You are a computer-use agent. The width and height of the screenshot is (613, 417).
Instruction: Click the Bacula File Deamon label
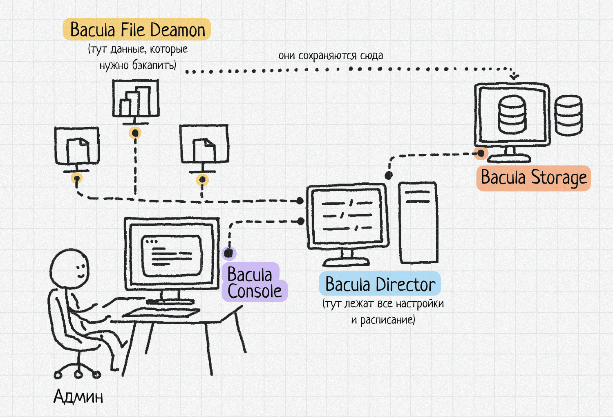pyautogui.click(x=137, y=30)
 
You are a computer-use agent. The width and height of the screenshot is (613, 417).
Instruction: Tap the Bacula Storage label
pyautogui.click(x=533, y=178)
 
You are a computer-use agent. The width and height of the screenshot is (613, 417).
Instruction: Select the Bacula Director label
pyautogui.click(x=380, y=284)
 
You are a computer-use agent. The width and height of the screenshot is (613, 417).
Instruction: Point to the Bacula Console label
pyautogui.click(x=254, y=282)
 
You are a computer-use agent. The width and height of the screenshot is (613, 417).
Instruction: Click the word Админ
pyautogui.click(x=78, y=396)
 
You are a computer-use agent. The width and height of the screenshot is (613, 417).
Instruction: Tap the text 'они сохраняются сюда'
pyautogui.click(x=331, y=56)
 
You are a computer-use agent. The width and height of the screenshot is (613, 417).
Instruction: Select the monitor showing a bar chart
pyautogui.click(x=136, y=99)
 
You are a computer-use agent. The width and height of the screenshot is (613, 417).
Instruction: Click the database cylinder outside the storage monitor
pyautogui.click(x=568, y=115)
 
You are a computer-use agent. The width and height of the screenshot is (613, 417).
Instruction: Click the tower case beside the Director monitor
pyautogui.click(x=418, y=223)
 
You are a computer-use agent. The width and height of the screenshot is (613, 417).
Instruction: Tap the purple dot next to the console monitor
pyautogui.click(x=229, y=253)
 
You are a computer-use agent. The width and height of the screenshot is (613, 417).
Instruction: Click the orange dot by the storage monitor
pyautogui.click(x=481, y=153)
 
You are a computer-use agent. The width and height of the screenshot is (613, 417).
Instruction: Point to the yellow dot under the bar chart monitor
pyautogui.click(x=135, y=133)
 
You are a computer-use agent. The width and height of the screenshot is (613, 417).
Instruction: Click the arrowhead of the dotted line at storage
pyautogui.click(x=514, y=76)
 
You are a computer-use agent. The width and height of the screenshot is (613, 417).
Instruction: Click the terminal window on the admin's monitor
pyautogui.click(x=172, y=256)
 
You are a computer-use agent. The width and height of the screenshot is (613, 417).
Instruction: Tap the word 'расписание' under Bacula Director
pyautogui.click(x=387, y=320)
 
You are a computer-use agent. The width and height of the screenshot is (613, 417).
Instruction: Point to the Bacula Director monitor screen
pyautogui.click(x=347, y=215)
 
